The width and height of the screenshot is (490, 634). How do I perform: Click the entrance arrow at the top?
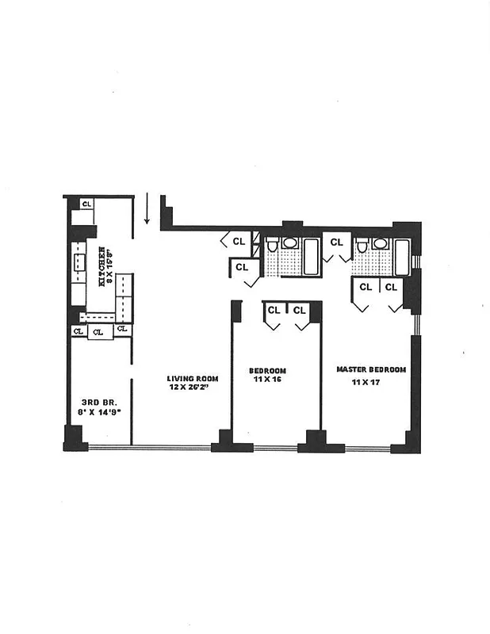147,209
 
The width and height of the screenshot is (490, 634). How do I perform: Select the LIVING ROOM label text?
192,379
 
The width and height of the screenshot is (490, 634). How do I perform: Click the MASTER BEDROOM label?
371,370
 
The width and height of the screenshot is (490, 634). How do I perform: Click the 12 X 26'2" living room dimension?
192,388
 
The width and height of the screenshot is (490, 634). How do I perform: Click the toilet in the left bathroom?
272,246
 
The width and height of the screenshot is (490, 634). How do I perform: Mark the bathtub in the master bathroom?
402,257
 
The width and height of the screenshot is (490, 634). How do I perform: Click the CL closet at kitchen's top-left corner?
86,204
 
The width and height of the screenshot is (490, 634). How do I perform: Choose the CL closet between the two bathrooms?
336,242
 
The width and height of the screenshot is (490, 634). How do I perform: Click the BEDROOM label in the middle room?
267,371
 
